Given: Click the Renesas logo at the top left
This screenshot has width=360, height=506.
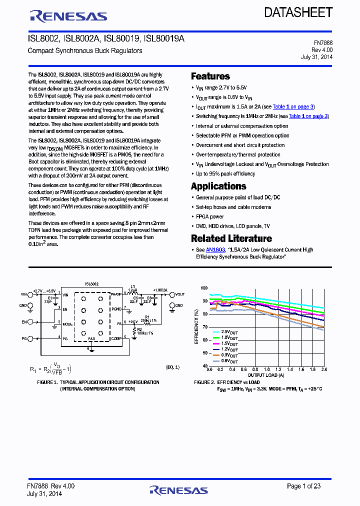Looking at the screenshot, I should point(68,16).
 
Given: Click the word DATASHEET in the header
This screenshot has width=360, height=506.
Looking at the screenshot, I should point(298,13).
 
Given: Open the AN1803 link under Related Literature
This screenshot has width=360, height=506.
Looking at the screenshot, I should point(215,249).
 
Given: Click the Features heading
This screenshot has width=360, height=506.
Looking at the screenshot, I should point(210,76).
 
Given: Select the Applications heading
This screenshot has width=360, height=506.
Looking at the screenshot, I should point(218,186).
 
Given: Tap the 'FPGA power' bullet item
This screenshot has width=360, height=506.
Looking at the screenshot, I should point(209,216).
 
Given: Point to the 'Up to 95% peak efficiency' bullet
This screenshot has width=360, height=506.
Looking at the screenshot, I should point(225,173).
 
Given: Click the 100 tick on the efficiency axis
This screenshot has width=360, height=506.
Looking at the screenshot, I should point(204,288).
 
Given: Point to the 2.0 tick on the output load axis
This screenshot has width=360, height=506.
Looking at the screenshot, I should point(323,370).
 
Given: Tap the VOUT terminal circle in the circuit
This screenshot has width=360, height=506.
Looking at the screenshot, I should point(172,294).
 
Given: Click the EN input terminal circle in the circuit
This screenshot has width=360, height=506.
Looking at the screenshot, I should point(31,322).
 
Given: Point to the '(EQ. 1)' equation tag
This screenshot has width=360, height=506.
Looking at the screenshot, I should point(172,367).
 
